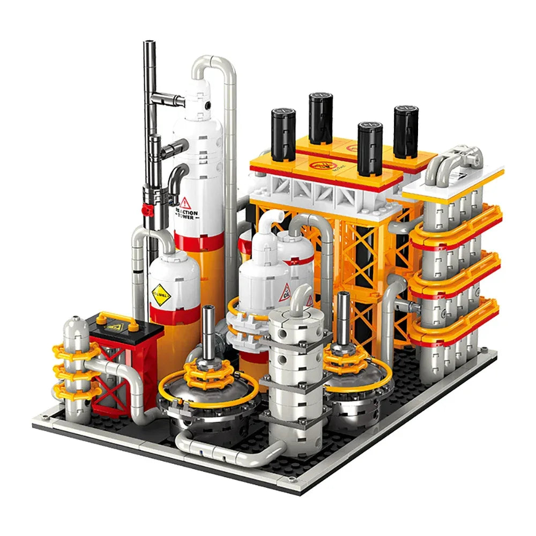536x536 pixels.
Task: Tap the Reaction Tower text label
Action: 186,215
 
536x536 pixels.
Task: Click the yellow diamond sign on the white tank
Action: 159,293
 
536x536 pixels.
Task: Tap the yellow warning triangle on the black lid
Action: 114,325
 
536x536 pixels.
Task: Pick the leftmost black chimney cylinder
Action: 283,134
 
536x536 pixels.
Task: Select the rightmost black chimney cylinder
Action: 406,131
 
